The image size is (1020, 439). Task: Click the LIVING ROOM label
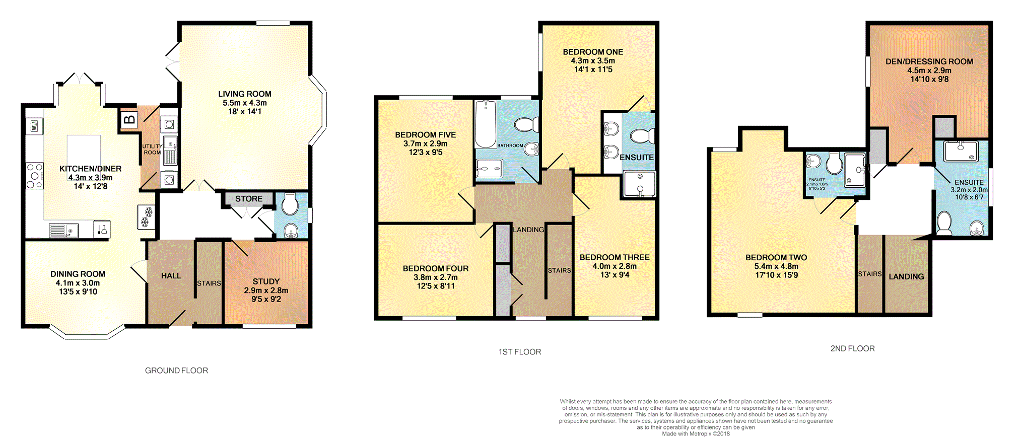245,94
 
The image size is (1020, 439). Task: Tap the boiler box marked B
129,120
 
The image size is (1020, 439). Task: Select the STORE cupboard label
249,199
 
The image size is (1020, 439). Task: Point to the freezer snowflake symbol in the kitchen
146,216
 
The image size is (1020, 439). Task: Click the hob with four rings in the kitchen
35,175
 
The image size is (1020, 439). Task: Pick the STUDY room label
266,282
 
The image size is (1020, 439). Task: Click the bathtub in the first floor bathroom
486,124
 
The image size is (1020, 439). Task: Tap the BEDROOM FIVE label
426,135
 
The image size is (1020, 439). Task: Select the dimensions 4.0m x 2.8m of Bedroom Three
615,266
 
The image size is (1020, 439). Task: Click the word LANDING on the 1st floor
528,230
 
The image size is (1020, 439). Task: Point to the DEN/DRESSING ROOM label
929,62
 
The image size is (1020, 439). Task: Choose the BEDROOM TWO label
776,258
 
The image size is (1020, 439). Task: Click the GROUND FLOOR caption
176,371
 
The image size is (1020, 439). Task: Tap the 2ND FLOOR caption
852,348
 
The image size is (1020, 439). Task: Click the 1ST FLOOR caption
520,352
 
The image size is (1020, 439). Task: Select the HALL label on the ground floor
171,276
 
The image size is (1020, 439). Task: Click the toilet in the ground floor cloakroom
290,204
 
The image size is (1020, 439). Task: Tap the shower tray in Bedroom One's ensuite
640,184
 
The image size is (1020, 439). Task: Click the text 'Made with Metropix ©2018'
696,433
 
